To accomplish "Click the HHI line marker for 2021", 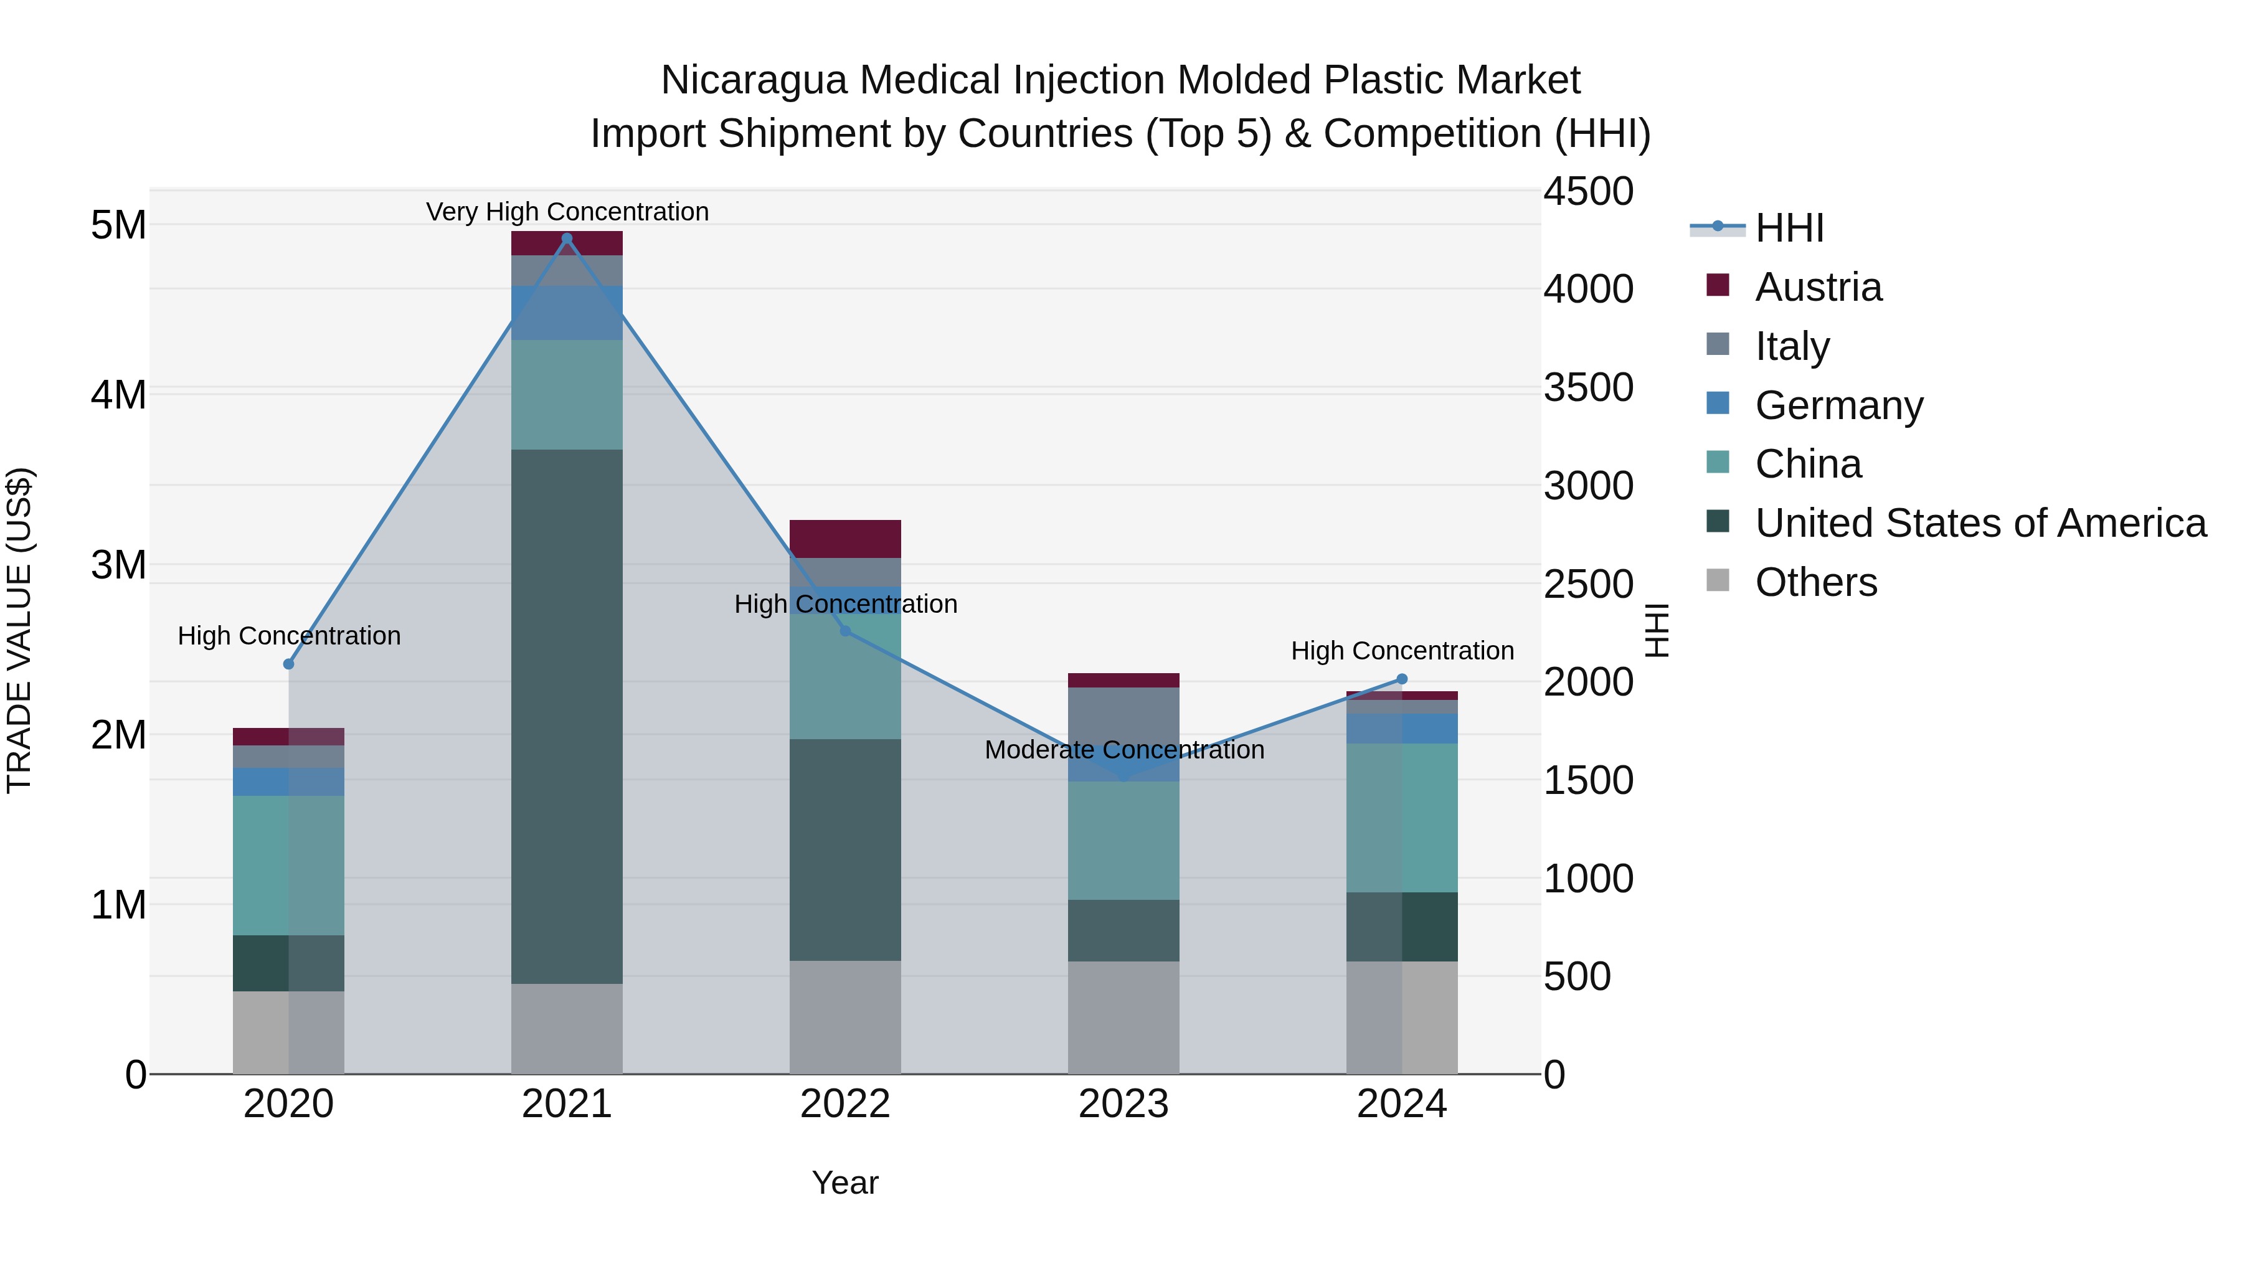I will coord(567,239).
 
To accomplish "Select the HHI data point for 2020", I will coord(289,664).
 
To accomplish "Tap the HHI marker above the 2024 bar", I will coord(1401,679).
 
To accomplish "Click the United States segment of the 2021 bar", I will coord(567,716).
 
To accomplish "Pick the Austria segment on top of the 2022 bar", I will coord(844,539).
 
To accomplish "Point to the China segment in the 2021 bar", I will coord(567,394).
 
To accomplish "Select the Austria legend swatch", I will coord(1718,285).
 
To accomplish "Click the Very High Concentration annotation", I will coord(567,212).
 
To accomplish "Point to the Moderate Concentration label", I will coord(1123,749).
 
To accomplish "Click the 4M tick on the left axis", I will coord(118,394).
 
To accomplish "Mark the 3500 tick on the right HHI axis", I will coord(1587,387).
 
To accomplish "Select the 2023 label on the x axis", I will coord(1123,1104).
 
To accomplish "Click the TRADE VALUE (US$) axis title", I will coord(19,630).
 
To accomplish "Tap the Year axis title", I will coord(844,1183).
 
